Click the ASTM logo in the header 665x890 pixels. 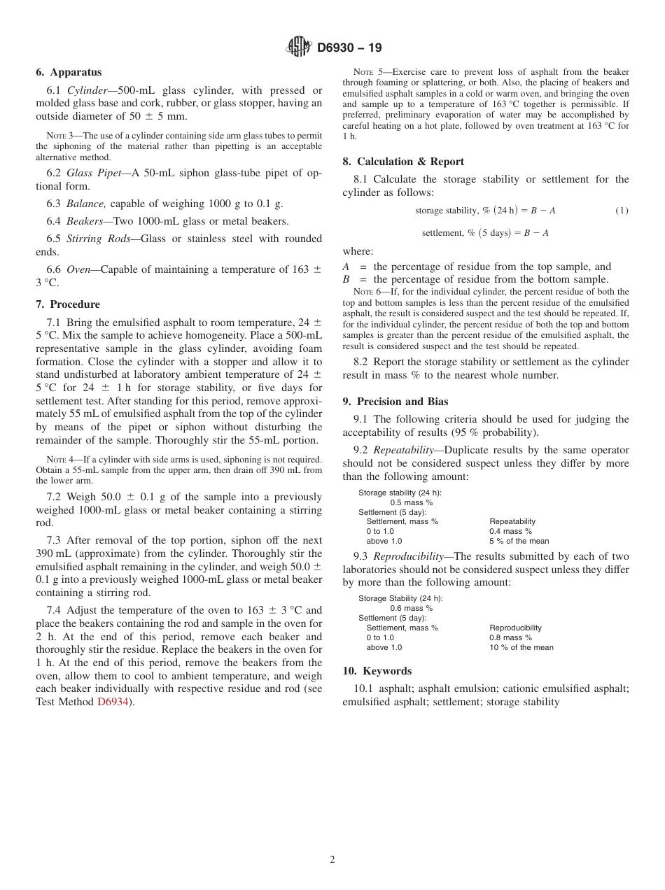coord(299,48)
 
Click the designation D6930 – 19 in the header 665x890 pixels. coord(349,48)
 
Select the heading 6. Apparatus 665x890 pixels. coord(69,72)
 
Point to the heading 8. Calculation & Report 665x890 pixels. coord(403,162)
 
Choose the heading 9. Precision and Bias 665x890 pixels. coord(395,402)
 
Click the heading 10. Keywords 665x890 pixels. coord(377,671)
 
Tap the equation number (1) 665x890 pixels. coord(622,211)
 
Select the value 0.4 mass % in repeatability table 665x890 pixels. coord(510,531)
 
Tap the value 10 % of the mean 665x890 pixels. coord(521,647)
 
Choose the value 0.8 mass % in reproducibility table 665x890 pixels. coord(510,637)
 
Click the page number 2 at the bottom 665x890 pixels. coord(332,860)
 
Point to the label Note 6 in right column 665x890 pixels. coord(366,292)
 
